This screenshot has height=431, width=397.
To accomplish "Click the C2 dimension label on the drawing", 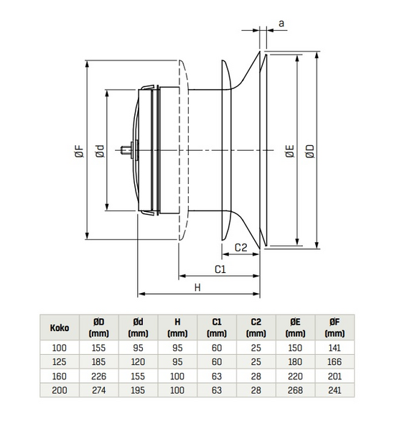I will click(241, 247).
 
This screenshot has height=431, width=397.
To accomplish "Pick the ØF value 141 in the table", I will click(334, 348).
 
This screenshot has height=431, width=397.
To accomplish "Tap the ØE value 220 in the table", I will click(295, 376).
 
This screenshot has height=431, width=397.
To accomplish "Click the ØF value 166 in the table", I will click(334, 361).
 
